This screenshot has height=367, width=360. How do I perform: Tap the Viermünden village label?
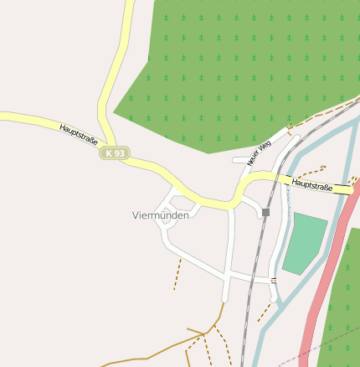click(161, 215)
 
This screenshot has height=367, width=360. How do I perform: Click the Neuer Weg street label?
click(260, 152)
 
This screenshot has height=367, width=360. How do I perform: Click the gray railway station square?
click(265, 213)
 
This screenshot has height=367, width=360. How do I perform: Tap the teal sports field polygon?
click(305, 243)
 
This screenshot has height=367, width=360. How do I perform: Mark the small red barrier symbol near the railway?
click(274, 279)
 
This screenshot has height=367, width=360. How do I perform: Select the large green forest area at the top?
click(234, 67)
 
